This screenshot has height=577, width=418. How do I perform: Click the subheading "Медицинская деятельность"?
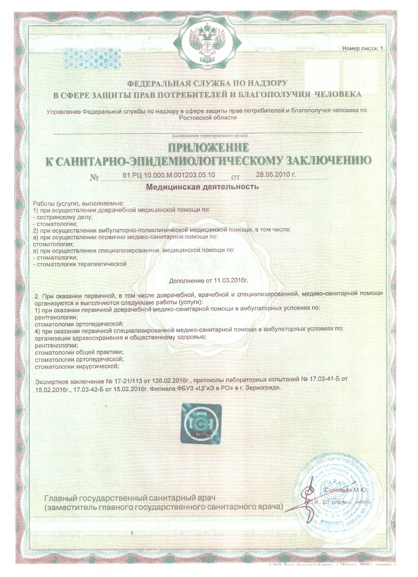tap(202, 186)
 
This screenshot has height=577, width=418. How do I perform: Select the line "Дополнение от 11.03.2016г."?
tap(209, 281)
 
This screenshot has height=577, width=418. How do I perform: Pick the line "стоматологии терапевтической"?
tap(81, 264)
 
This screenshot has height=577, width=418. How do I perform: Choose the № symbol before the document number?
tap(94, 177)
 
